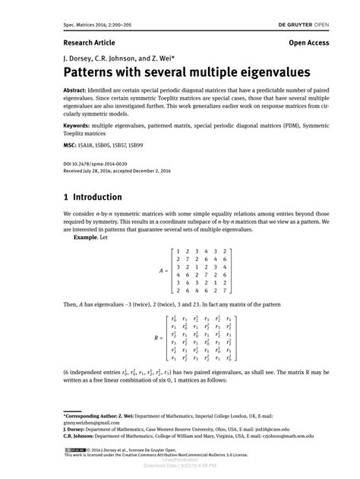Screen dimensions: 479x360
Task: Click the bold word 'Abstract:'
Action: click(x=80, y=90)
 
